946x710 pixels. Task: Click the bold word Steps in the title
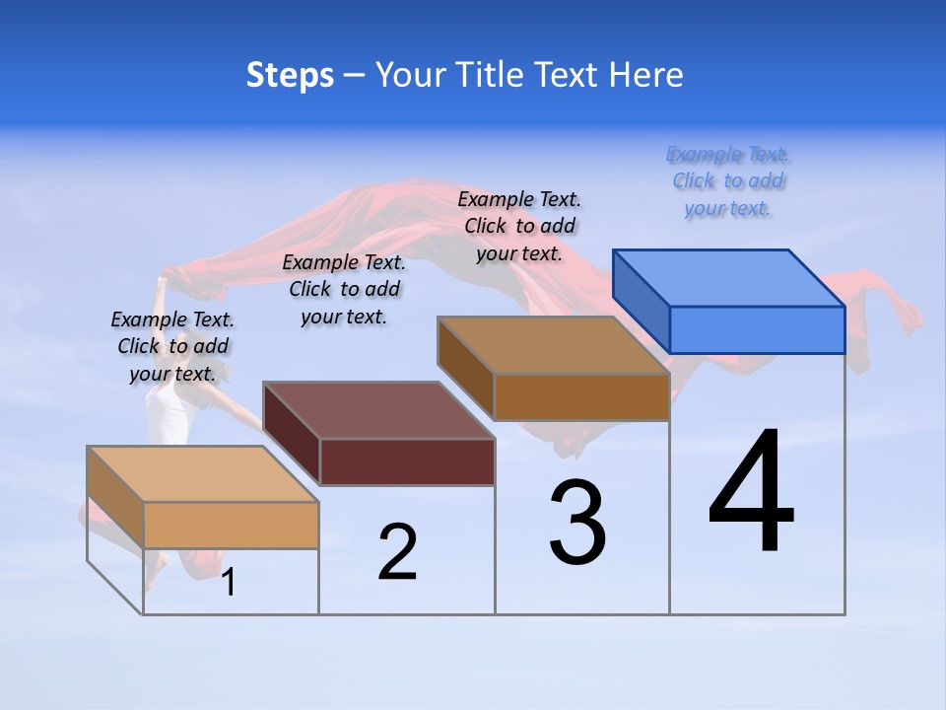290,75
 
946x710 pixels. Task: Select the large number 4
751,493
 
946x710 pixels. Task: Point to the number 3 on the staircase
577,523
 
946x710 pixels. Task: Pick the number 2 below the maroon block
397,552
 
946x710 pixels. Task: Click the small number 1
229,583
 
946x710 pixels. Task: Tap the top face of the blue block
729,278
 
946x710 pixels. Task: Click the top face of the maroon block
378,410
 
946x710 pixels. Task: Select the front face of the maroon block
407,461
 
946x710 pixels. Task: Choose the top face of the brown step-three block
554,345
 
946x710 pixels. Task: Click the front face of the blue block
757,329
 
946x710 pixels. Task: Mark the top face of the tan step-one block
203,474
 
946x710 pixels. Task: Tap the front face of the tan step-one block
231,525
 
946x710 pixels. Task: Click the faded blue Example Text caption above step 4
728,181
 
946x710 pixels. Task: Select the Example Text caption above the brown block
519,226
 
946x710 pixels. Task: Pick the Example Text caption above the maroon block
344,289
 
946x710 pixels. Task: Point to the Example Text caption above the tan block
172,346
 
